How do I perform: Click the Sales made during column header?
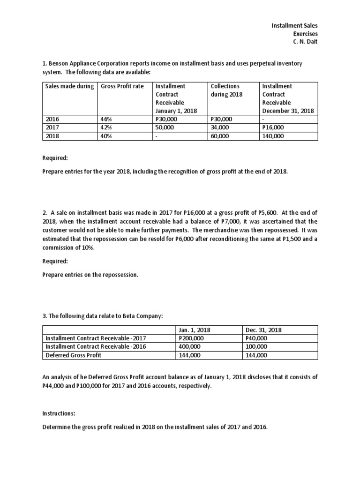click(x=69, y=86)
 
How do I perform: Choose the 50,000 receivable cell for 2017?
click(x=164, y=127)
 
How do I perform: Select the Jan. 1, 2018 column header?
click(x=195, y=330)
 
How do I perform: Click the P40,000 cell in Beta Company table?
click(x=256, y=338)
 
